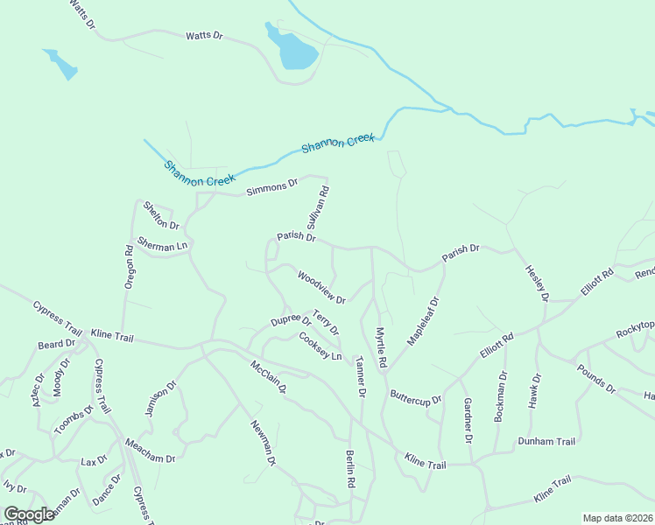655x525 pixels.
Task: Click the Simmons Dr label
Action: pyautogui.click(x=272, y=186)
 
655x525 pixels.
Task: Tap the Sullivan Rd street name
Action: pyautogui.click(x=318, y=207)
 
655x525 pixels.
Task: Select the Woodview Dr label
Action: pyautogui.click(x=321, y=287)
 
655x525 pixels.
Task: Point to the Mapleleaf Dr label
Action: pyautogui.click(x=422, y=321)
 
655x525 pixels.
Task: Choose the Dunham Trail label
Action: pyautogui.click(x=546, y=441)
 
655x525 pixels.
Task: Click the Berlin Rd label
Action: pyautogui.click(x=350, y=470)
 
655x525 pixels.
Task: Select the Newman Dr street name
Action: pyautogui.click(x=264, y=442)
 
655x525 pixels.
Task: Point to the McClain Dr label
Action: pyautogui.click(x=269, y=376)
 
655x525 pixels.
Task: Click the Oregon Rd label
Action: pyautogui.click(x=129, y=267)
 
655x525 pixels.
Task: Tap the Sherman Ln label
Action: pyautogui.click(x=163, y=244)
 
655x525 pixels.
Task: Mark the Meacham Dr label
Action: pyautogui.click(x=150, y=451)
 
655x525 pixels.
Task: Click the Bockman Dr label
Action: pyautogui.click(x=500, y=397)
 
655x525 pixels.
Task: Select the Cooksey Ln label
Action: pyautogui.click(x=320, y=346)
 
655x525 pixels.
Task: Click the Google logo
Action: pyautogui.click(x=29, y=514)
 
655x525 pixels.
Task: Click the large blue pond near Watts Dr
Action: pyautogui.click(x=295, y=50)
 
